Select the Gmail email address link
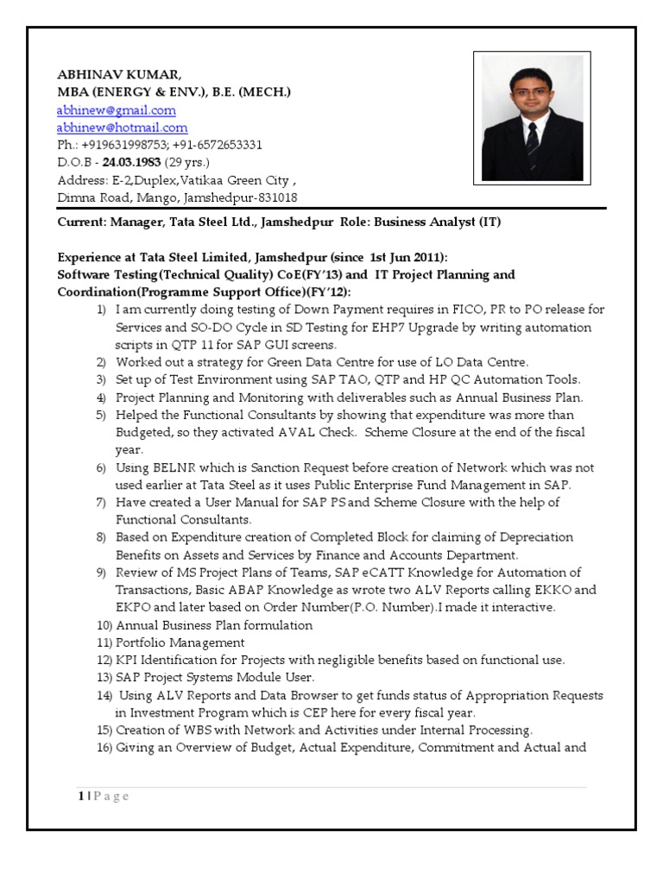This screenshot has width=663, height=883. [116, 110]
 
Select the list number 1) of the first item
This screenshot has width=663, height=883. [102, 310]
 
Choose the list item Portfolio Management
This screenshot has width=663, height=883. [180, 642]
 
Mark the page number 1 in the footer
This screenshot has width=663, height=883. [81, 796]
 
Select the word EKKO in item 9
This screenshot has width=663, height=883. [554, 590]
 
